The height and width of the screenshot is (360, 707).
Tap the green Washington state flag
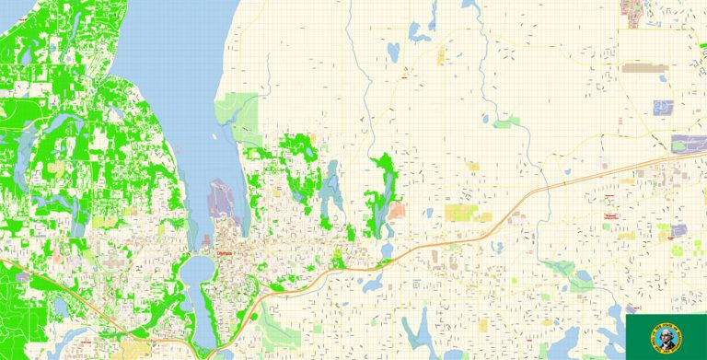(666, 336)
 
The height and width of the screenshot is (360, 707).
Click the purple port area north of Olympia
(221, 198)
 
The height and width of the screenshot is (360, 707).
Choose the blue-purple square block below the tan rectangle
(663, 107)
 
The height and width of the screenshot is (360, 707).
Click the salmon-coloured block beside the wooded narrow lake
(397, 211)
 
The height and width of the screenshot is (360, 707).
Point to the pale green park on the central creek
(505, 122)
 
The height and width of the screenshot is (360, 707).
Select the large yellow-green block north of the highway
(460, 213)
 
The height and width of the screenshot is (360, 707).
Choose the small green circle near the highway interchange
(254, 317)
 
